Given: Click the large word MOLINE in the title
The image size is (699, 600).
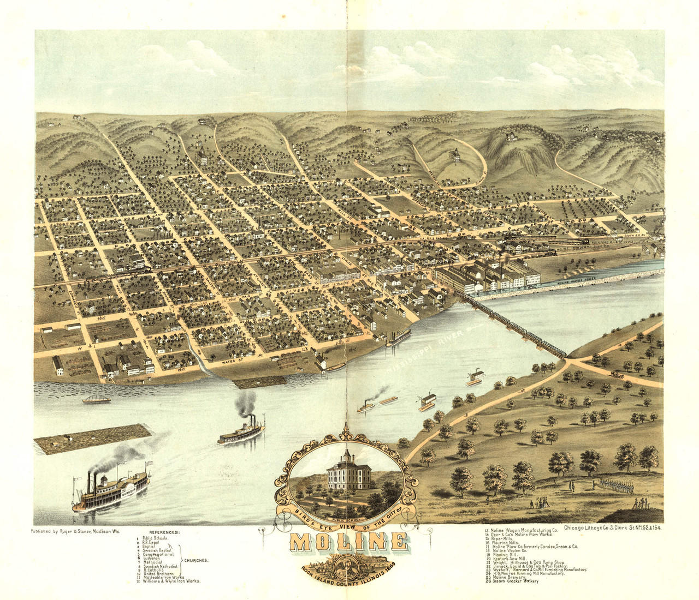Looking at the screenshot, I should (x=349, y=542).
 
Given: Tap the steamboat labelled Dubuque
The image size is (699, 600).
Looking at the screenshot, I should (x=112, y=489).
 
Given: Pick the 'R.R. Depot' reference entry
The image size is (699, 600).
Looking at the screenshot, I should (x=155, y=543).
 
